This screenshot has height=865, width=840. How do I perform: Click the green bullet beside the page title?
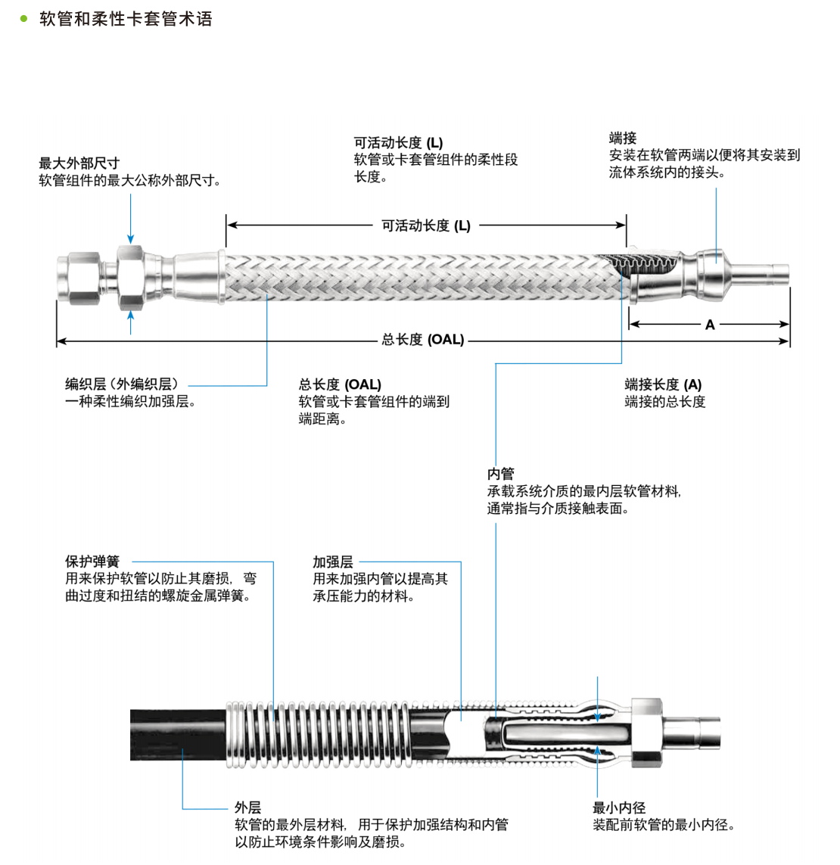click(x=23, y=19)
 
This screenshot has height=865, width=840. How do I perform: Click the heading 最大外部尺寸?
click(x=79, y=163)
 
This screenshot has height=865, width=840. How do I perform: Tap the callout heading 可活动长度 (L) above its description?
click(x=398, y=142)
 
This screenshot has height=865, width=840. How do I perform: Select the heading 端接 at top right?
click(x=623, y=138)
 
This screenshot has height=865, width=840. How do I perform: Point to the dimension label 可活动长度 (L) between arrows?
click(x=425, y=226)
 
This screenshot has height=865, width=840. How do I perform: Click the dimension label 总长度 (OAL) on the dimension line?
click(x=422, y=340)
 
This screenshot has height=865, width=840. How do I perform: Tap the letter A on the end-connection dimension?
click(x=710, y=325)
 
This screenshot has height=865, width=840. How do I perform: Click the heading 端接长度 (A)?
click(x=663, y=384)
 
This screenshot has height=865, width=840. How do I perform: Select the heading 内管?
click(x=500, y=474)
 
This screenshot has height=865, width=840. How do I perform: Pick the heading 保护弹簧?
click(x=92, y=562)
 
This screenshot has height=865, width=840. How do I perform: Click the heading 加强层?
click(x=333, y=562)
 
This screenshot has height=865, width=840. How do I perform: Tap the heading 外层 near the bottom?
click(x=247, y=807)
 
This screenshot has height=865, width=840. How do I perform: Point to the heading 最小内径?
click(x=619, y=807)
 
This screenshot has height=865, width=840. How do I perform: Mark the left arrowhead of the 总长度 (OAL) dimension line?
click(x=61, y=341)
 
